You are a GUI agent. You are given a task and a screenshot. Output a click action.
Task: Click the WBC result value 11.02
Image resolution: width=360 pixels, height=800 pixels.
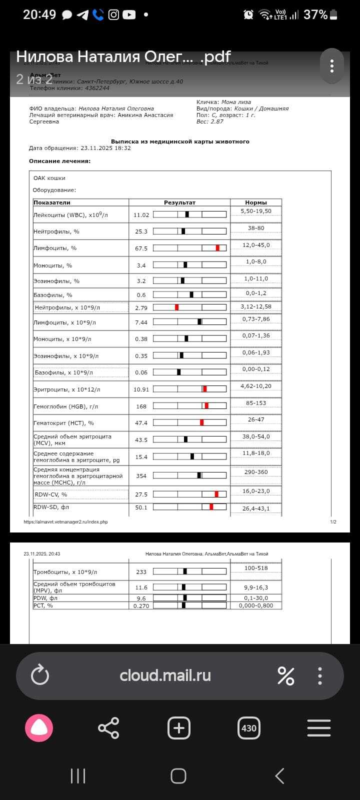click(x=141, y=215)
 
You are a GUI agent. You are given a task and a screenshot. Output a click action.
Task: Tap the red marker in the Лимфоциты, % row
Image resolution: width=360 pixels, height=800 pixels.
click(x=217, y=248)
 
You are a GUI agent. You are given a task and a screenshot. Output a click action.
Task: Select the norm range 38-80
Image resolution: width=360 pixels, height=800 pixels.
click(x=256, y=228)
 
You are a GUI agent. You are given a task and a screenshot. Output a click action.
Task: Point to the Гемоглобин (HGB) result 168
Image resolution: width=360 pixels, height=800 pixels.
click(x=141, y=406)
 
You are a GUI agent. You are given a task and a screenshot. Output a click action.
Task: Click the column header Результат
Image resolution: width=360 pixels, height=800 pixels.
click(x=179, y=202)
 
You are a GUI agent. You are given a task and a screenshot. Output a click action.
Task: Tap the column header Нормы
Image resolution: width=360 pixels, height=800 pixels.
click(x=256, y=202)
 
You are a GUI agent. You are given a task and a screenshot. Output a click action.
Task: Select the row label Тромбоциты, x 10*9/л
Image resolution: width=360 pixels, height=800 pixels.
click(x=65, y=572)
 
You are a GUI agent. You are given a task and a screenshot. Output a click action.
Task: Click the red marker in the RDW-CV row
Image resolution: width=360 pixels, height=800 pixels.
click(x=216, y=494)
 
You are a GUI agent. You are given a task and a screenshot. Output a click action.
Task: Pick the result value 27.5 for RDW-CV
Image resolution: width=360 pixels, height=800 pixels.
click(x=141, y=494)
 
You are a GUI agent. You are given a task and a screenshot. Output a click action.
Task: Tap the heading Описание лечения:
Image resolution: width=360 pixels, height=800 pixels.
click(x=59, y=161)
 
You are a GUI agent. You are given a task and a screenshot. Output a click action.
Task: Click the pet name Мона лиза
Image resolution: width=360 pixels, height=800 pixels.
click(x=236, y=102)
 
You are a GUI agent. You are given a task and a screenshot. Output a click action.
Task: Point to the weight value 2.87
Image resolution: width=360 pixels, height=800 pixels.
click(x=217, y=121)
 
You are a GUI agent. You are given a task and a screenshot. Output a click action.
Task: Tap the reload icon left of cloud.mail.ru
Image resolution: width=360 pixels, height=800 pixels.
click(x=40, y=675)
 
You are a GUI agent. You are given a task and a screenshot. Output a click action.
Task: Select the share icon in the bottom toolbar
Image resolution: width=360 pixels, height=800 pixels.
click(x=108, y=728)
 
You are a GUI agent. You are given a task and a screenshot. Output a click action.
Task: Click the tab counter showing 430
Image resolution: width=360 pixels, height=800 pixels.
click(x=248, y=728)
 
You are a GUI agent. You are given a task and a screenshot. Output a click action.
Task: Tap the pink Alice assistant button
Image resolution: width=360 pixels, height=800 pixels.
click(x=39, y=728)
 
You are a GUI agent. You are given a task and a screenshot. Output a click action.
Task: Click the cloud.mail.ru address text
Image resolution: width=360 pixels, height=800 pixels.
click(x=165, y=675)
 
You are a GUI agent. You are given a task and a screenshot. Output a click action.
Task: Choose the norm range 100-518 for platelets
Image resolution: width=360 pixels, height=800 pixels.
click(x=256, y=568)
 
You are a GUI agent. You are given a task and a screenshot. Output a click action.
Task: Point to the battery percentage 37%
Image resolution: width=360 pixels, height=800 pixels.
click(x=315, y=14)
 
